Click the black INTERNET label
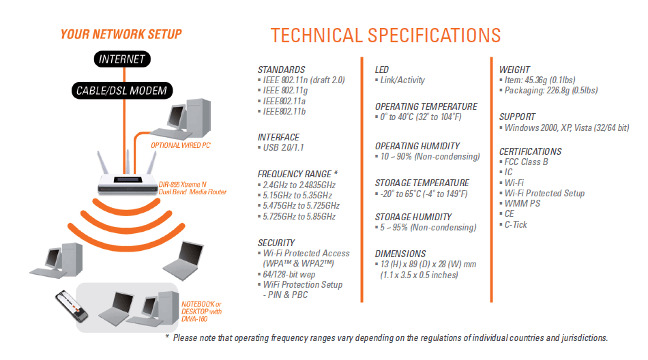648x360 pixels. tap(122, 59)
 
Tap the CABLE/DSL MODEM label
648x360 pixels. tap(121, 91)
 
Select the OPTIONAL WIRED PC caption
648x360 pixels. tap(181, 145)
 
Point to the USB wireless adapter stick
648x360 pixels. tap(72, 306)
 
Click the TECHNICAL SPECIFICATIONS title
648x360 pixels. tap(385, 35)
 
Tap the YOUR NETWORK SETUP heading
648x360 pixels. tap(121, 34)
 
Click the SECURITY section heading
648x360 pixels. tap(276, 243)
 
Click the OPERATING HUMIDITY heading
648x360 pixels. tap(417, 147)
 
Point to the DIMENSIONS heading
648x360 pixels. tap(400, 254)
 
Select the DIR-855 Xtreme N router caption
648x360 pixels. tap(192, 188)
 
